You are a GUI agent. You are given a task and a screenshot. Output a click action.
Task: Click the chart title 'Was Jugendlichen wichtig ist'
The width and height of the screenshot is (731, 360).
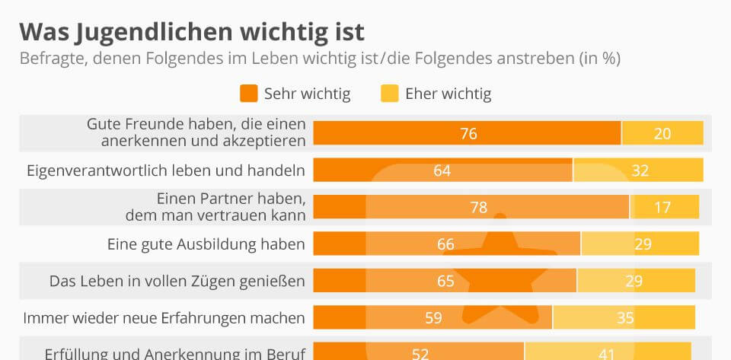192,32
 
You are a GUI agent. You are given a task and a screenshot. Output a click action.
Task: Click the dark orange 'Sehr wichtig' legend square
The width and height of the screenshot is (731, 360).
248,94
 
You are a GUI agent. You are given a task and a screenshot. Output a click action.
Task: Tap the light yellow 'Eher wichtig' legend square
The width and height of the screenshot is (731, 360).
390,94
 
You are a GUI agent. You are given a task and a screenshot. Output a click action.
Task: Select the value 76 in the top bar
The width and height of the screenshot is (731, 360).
468,134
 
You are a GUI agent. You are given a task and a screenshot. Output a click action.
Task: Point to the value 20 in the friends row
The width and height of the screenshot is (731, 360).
662,134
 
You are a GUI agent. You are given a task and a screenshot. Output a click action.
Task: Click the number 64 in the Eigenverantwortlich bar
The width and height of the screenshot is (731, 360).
442,170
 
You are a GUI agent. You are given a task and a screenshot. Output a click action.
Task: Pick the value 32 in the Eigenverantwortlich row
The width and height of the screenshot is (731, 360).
640,170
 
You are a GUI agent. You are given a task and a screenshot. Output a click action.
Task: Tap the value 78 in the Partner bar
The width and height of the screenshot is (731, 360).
479,207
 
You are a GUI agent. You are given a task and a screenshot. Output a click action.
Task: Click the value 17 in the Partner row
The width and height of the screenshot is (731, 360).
662,207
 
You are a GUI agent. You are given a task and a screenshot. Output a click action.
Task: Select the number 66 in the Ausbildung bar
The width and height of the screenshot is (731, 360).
445,244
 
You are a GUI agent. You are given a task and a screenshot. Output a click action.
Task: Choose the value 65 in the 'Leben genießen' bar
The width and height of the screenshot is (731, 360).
445,281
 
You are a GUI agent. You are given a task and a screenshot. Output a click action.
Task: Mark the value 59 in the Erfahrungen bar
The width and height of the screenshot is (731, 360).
433,317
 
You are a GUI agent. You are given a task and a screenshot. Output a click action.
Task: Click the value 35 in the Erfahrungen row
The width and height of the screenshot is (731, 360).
625,317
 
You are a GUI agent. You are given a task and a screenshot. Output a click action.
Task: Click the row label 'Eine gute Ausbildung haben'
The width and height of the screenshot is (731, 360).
206,244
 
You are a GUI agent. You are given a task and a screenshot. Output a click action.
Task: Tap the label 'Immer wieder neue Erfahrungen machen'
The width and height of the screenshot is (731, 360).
164,317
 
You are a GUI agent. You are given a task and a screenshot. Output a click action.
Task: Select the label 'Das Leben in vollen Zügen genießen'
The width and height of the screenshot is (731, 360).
177,282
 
